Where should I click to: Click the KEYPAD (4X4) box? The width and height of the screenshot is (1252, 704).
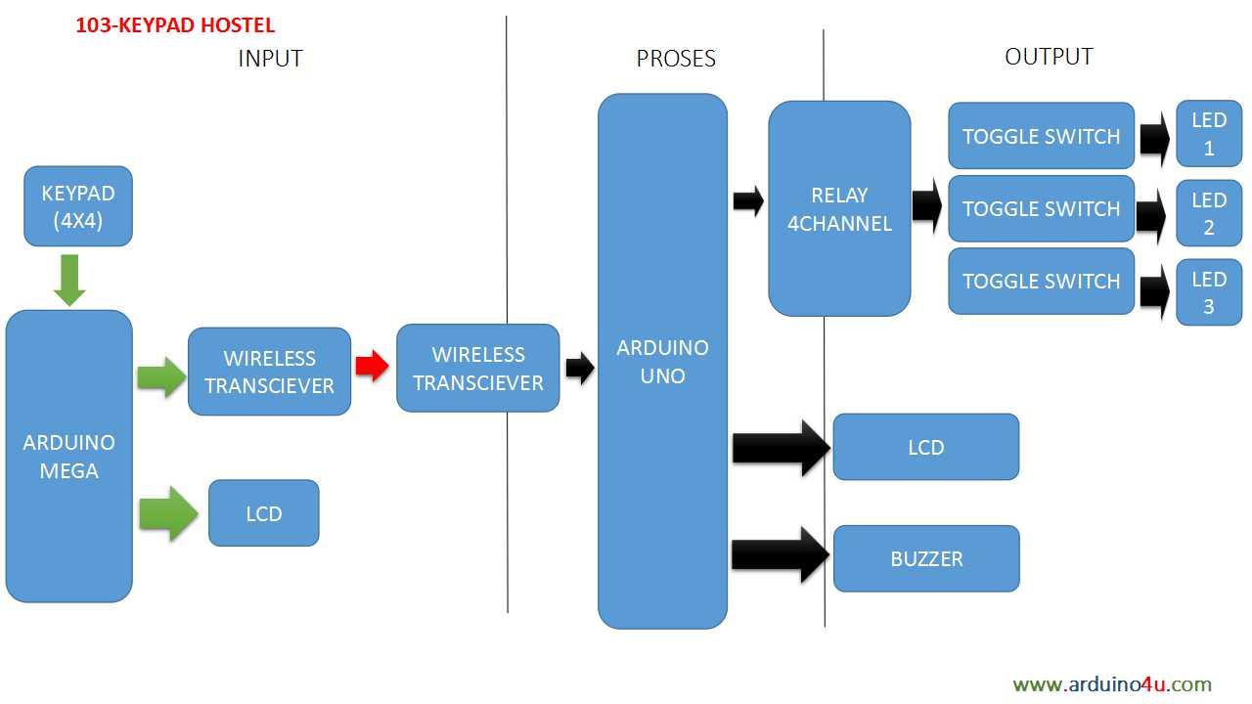[x=77, y=206]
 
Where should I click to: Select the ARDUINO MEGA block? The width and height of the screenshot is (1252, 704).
[x=68, y=456]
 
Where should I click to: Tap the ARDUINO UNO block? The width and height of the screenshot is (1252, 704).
[x=662, y=361]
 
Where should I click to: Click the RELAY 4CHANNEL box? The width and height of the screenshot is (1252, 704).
[x=839, y=208]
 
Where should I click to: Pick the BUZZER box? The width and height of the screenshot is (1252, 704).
[x=925, y=558]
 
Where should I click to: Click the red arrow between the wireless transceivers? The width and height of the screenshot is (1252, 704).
[x=372, y=367]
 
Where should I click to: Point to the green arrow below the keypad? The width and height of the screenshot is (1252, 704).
[x=70, y=279]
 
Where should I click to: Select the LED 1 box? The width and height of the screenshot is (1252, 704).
[x=1208, y=134]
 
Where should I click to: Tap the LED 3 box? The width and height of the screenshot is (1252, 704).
[x=1208, y=292]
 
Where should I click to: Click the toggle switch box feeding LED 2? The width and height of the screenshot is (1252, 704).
[x=1041, y=208]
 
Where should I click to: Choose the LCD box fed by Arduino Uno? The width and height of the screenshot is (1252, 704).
[x=925, y=447]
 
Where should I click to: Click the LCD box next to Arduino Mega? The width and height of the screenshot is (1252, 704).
[x=263, y=513]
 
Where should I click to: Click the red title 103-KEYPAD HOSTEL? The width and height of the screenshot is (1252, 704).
[x=175, y=25]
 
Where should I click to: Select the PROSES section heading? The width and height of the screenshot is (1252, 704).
[x=676, y=59]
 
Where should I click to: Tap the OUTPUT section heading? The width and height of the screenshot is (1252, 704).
[x=1048, y=57]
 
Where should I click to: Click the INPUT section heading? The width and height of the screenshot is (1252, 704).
[x=270, y=59]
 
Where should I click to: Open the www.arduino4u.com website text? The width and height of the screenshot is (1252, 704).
[x=1112, y=684]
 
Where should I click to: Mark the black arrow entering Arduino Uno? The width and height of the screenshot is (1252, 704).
[x=580, y=369]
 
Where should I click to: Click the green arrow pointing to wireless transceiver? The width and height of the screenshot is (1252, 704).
[x=161, y=376]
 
